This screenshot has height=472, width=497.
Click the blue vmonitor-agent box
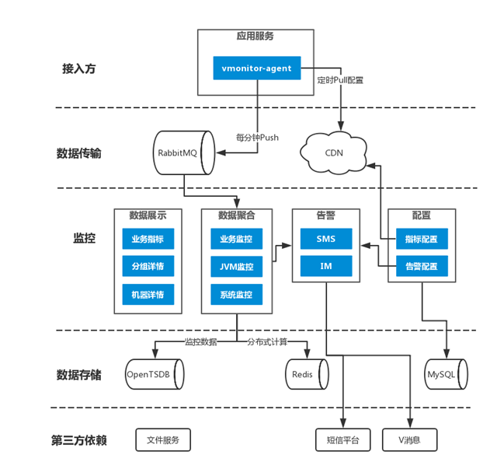[257, 68]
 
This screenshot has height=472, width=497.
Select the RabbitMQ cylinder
[184, 152]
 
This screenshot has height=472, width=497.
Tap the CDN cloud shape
[333, 152]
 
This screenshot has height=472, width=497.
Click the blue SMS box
[326, 239]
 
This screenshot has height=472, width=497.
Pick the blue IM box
[326, 266]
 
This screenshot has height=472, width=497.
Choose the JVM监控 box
[236, 267]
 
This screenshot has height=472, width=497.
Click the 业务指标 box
[148, 239]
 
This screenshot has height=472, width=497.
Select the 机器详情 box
[148, 295]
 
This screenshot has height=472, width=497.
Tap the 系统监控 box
[236, 295]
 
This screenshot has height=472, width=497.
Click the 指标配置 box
[422, 239]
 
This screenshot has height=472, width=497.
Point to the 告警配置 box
[422, 266]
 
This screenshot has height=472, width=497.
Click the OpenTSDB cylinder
[155, 374]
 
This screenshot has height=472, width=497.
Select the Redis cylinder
[308, 374]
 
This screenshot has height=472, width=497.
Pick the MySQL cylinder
[446, 374]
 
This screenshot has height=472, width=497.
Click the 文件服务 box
[163, 440]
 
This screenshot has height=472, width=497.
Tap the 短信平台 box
[343, 440]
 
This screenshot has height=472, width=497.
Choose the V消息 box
[410, 440]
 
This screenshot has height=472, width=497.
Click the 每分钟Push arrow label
[257, 138]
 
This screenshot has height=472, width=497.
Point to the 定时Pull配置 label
[340, 80]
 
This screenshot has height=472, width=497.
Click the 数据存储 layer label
[79, 375]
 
